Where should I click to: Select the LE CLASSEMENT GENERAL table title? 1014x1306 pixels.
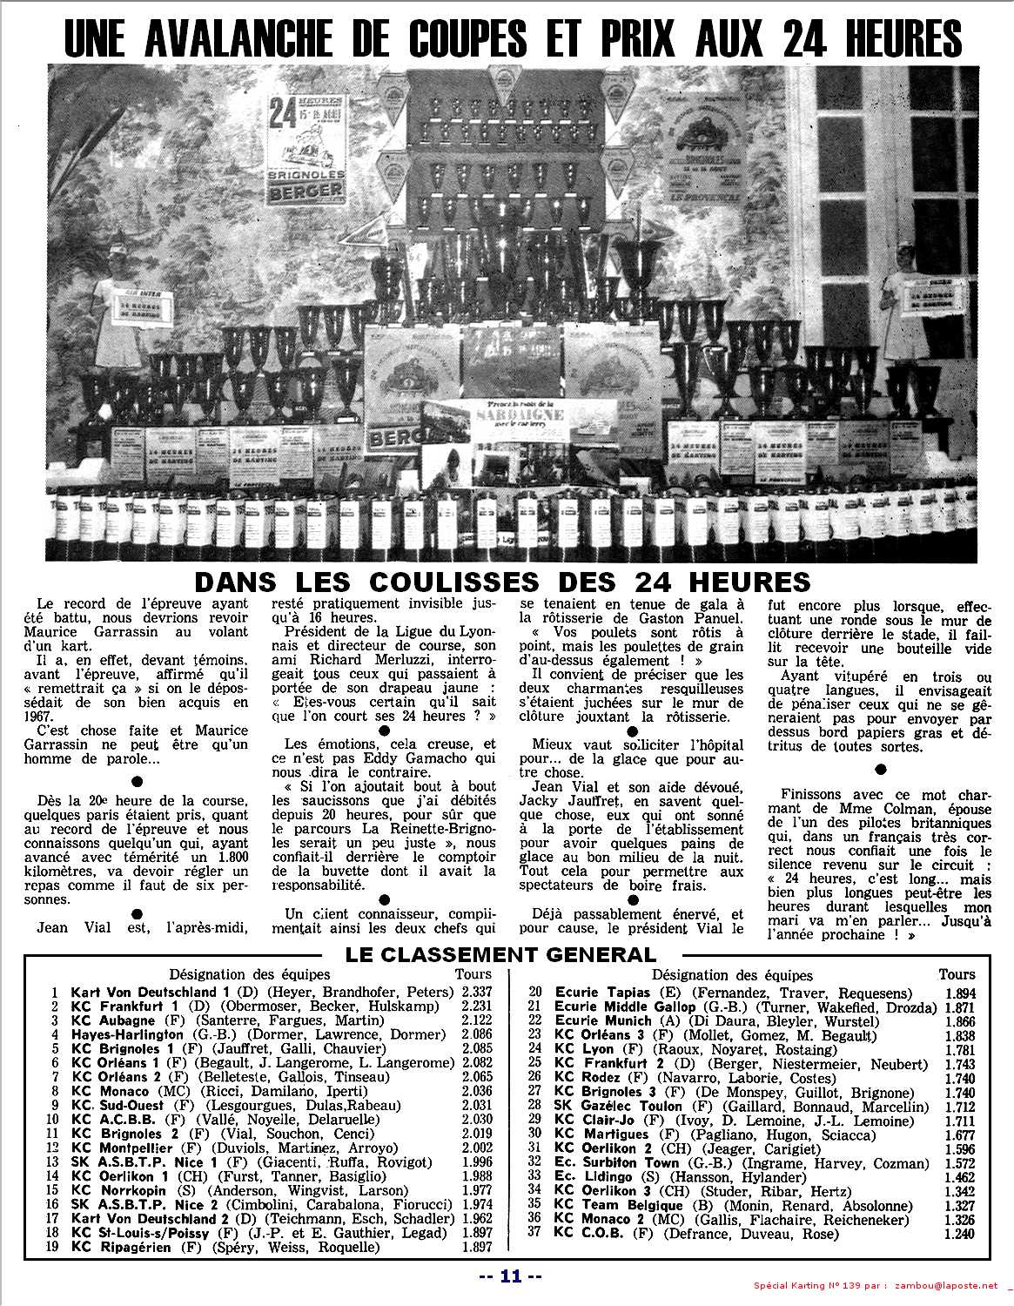pos(500,953)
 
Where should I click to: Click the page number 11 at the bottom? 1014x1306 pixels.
pos(511,1277)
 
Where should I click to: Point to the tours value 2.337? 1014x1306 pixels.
pos(475,992)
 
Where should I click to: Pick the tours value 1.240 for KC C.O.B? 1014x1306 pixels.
pos(960,1233)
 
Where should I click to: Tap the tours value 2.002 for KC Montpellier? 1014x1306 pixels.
pos(474,1148)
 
